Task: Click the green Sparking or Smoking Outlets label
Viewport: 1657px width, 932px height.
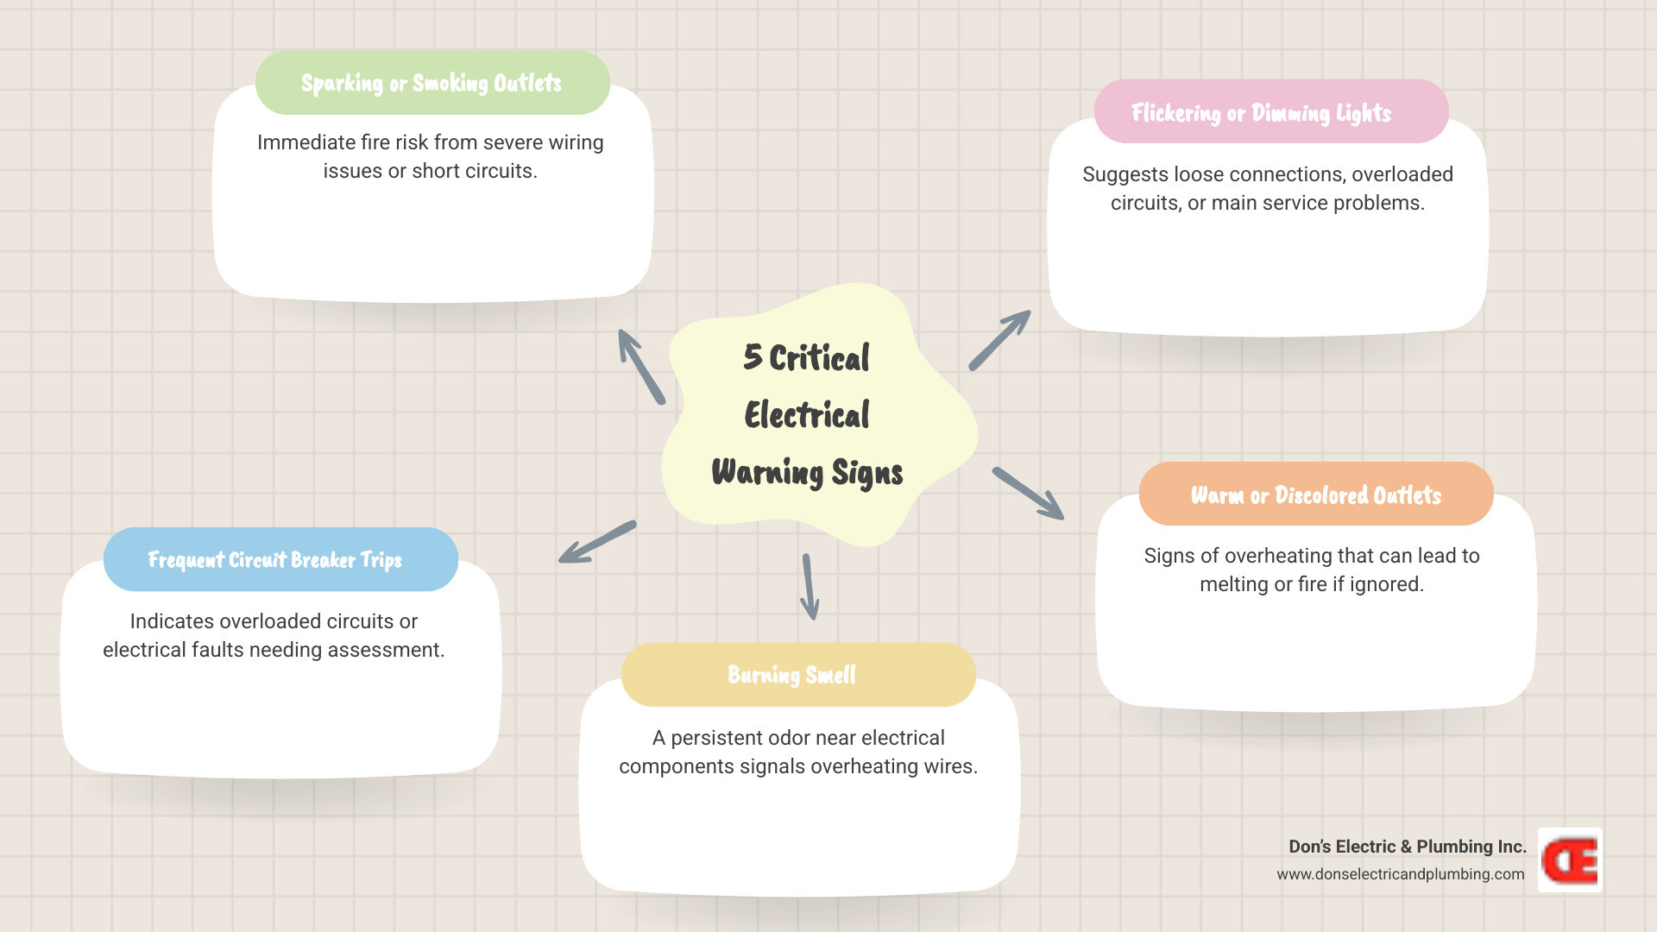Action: coord(432,83)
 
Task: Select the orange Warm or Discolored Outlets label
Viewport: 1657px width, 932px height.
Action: coord(1315,494)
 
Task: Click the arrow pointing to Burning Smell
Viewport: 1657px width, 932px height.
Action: coord(809,587)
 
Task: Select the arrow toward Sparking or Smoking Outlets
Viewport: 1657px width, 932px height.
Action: coord(641,367)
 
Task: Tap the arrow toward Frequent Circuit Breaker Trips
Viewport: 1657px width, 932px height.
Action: coord(597,542)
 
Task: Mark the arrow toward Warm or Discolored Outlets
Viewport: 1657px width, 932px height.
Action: coord(1028,493)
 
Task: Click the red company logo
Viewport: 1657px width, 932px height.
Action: coord(1570,860)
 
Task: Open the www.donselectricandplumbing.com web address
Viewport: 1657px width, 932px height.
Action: coord(1400,874)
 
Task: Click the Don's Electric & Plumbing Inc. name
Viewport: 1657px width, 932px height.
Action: coord(1407,847)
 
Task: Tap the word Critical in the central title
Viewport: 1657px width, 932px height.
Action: coord(819,358)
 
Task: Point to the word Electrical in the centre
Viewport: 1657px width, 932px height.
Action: coord(807,415)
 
